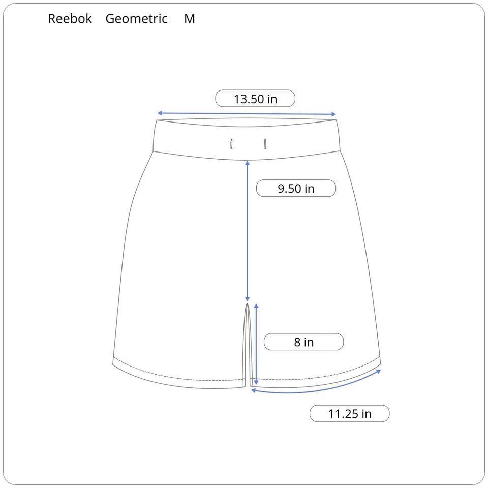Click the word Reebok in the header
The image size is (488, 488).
70,19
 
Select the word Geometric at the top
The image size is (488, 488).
136,19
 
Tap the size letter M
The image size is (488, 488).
190,19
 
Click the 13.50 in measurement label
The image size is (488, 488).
255,99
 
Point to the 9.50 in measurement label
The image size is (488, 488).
296,189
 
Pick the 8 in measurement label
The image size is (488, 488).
303,342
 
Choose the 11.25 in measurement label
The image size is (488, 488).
349,414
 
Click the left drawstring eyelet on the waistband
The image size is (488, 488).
231,144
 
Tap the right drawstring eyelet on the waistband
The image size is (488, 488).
265,144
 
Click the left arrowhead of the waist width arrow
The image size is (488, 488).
159,113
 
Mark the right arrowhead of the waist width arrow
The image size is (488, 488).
334,114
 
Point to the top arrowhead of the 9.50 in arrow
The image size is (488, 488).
248,163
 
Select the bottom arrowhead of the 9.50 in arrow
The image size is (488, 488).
248,299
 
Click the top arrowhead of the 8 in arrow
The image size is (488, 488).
256,306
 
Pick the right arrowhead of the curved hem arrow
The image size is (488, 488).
379,371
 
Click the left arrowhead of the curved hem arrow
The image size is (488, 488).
253,390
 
